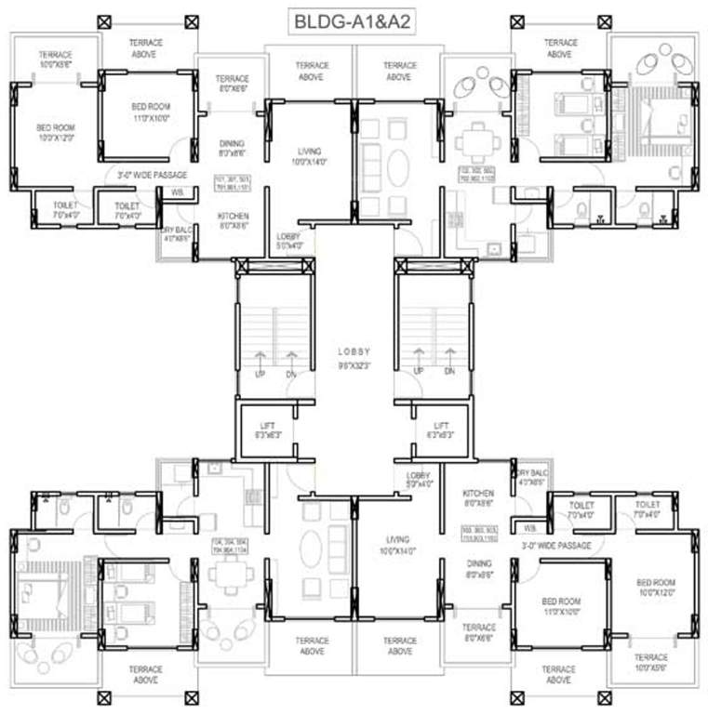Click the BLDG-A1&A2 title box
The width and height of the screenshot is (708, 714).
pos(354,21)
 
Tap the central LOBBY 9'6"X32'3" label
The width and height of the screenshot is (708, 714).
pos(354,359)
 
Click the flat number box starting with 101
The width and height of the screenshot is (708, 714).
pos(233,182)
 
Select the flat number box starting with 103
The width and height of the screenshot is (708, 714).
pos(480,535)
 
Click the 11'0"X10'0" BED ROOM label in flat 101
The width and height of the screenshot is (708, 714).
pos(151,112)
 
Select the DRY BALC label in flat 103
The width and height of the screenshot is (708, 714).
pos(532,477)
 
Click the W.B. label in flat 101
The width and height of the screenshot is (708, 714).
pos(177,192)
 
